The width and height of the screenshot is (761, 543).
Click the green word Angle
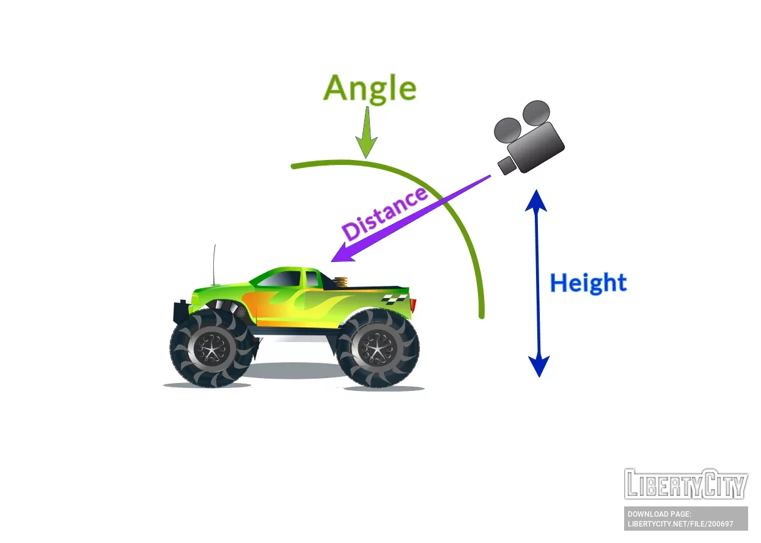(369, 89)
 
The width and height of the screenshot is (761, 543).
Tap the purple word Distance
(384, 213)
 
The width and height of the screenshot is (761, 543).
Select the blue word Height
(588, 283)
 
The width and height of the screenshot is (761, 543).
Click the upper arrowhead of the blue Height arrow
(537, 200)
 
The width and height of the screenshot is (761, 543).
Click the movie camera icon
(529, 136)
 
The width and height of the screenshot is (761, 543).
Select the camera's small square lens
(506, 165)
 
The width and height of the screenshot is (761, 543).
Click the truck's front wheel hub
(211, 348)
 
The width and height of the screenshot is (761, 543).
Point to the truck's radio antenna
(215, 265)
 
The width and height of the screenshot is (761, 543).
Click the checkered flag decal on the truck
(394, 298)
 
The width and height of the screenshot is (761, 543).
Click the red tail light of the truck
(413, 304)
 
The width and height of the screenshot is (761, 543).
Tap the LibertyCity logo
(686, 484)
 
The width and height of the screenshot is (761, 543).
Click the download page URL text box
(686, 519)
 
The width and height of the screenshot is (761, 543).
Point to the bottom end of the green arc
(482, 315)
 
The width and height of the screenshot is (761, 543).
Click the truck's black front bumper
(180, 311)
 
